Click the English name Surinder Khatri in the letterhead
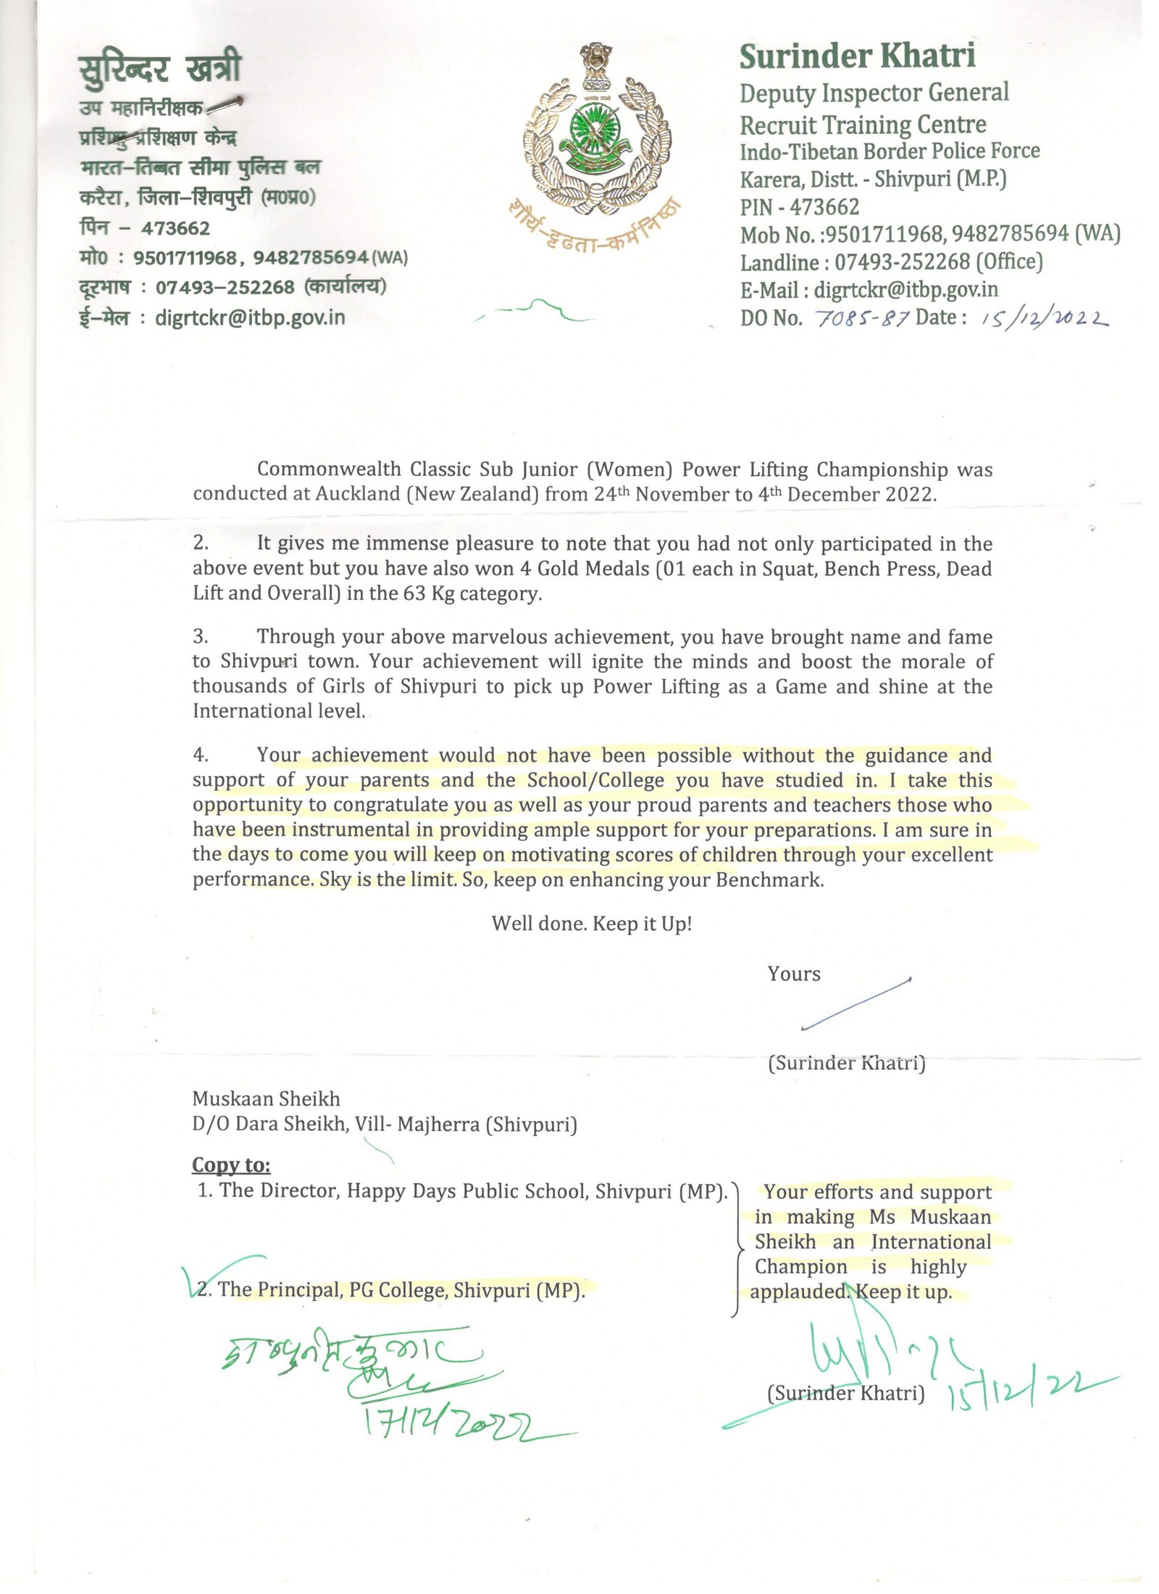coord(857,57)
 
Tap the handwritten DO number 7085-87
coord(862,318)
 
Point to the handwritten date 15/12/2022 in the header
coord(1043,318)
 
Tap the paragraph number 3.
coord(201,636)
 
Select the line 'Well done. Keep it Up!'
coord(592,924)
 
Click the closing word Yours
coord(794,974)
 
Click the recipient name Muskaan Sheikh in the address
coord(266,1099)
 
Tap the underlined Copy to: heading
coord(231,1164)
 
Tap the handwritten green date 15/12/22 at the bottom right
coord(1021,1395)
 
